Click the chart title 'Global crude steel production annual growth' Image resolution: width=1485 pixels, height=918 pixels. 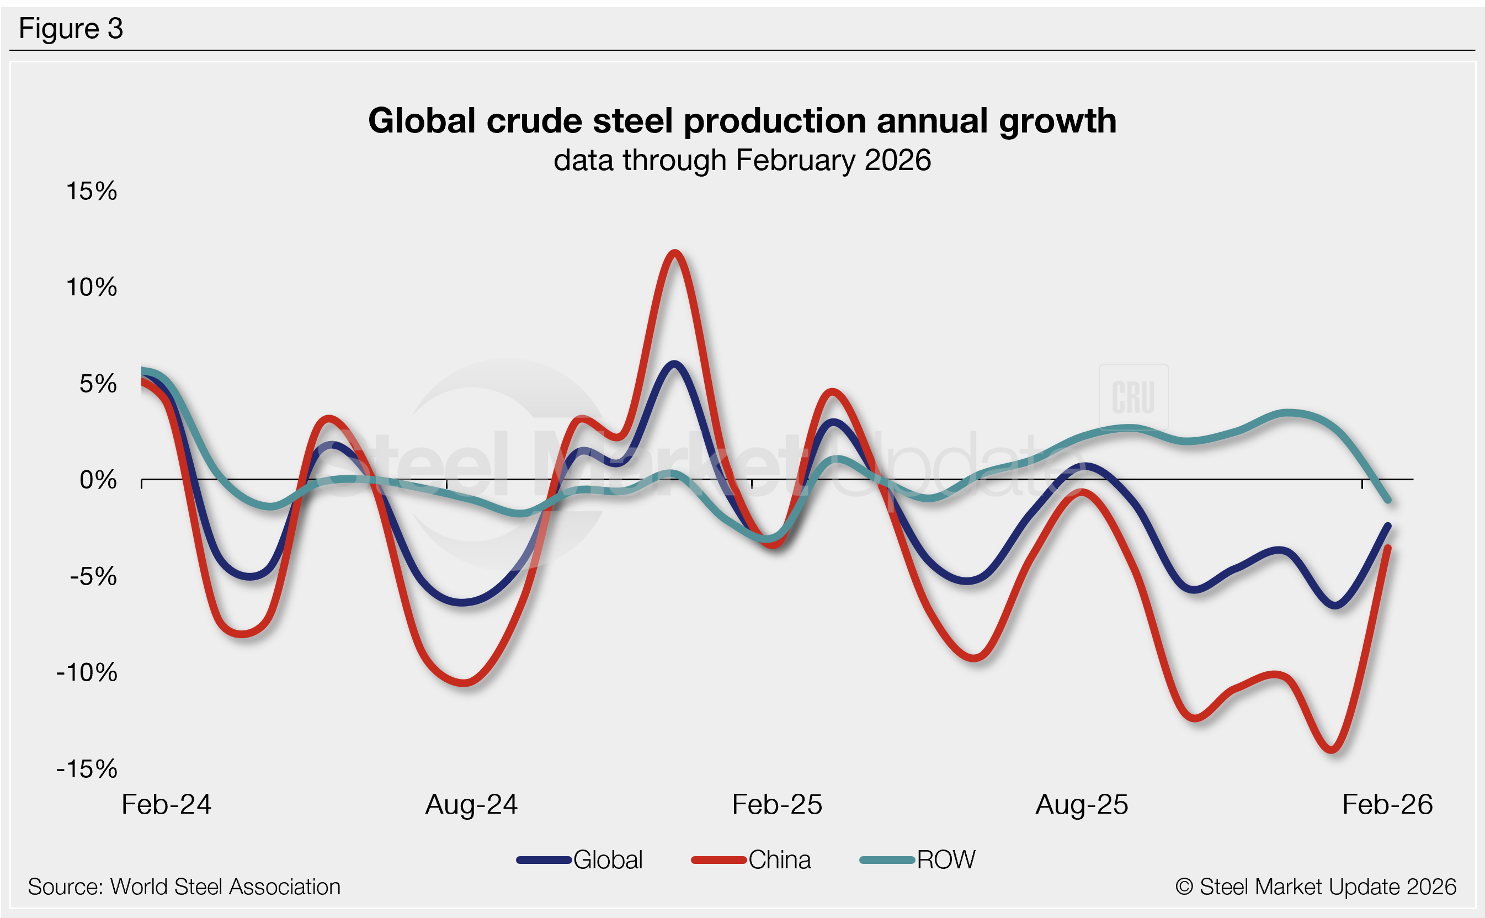(742, 120)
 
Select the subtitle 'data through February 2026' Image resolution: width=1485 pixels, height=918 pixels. (742, 160)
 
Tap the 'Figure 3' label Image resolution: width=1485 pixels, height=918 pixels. (71, 29)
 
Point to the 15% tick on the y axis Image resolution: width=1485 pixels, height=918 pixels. (92, 191)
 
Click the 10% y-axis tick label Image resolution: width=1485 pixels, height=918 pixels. (92, 287)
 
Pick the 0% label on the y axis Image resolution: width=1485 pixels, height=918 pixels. (98, 480)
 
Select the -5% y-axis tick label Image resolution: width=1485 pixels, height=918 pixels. (93, 576)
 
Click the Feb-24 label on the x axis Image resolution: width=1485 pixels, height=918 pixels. (166, 804)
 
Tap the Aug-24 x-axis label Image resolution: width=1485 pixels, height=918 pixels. (471, 804)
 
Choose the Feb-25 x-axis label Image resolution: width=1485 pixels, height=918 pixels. (777, 804)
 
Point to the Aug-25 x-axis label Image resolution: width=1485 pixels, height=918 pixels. (1082, 804)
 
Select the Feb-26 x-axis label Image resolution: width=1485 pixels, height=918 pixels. (1387, 804)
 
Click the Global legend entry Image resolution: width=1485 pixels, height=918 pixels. (579, 859)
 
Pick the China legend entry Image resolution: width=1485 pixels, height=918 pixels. (751, 859)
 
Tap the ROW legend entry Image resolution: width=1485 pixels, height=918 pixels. (918, 859)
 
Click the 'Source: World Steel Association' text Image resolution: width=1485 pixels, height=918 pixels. (184, 887)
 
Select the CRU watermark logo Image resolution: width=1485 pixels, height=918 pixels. (1133, 397)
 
